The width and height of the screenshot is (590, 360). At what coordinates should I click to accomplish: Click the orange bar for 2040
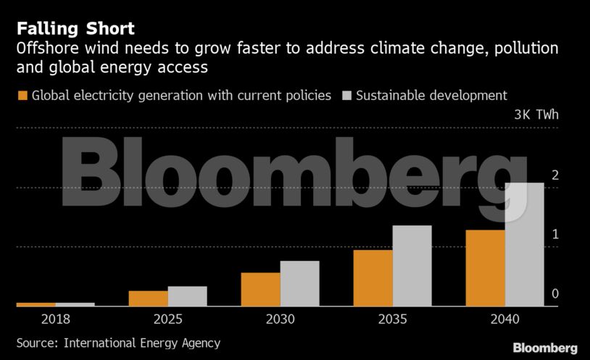[485, 268]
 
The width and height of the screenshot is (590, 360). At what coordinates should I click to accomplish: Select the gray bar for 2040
[524, 244]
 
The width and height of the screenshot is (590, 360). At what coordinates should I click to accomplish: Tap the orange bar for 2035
[373, 278]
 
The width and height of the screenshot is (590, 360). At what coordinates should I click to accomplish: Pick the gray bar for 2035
[412, 266]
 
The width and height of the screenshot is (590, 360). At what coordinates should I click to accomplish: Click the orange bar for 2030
[260, 290]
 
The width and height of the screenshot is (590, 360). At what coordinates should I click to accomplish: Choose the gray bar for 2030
[299, 283]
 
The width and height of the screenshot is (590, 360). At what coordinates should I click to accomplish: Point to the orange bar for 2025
[148, 298]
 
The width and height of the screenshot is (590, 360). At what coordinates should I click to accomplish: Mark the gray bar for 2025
[187, 296]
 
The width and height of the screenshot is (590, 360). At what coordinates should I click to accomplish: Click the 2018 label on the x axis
[56, 319]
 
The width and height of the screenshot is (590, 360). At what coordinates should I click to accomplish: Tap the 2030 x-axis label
[280, 319]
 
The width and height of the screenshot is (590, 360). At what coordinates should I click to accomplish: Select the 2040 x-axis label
[504, 319]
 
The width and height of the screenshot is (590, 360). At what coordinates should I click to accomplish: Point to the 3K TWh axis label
[536, 114]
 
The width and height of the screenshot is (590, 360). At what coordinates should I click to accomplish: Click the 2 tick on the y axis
[554, 175]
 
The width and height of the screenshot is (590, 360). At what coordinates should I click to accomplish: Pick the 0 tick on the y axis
[554, 293]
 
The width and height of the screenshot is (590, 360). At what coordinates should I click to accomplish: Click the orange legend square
[22, 96]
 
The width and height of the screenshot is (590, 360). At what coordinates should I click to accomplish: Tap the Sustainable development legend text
[431, 96]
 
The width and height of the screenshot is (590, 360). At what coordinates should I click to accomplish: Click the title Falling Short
[75, 29]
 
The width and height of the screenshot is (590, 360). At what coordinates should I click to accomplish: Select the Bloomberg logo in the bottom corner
[545, 347]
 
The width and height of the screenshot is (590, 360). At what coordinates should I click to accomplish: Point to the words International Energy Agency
[142, 343]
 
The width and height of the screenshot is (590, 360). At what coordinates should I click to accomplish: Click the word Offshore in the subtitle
[46, 49]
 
